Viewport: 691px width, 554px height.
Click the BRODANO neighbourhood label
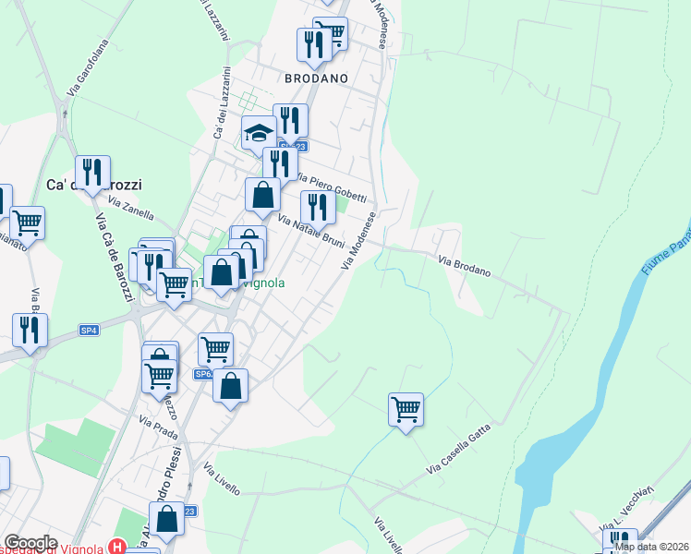[316, 78]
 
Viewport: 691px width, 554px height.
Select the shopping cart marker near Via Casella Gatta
[406, 408]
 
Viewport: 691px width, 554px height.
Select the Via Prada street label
[158, 428]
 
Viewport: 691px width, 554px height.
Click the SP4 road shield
[89, 330]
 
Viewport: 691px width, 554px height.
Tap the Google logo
[30, 543]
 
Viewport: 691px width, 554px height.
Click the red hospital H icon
[117, 547]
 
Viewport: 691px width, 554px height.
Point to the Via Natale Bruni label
[310, 232]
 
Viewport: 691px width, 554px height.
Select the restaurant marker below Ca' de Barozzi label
[92, 173]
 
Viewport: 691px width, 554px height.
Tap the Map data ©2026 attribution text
[651, 547]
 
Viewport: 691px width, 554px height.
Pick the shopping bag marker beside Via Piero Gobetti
[263, 195]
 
